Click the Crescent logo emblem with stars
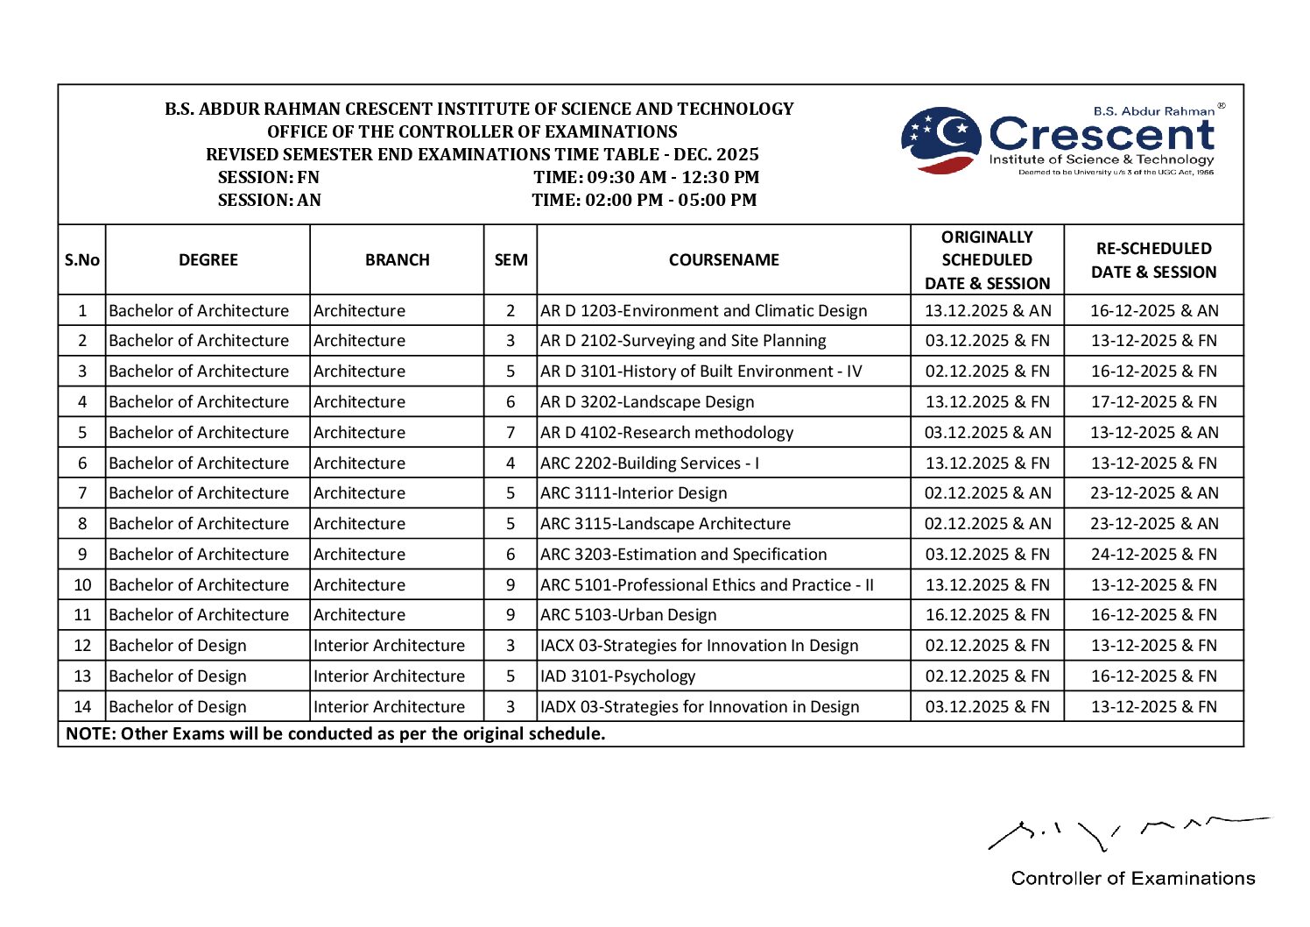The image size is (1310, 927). click(x=941, y=139)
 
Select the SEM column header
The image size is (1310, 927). click(x=511, y=259)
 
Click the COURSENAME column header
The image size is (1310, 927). click(x=723, y=259)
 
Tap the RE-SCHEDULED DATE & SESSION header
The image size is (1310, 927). click(x=1153, y=259)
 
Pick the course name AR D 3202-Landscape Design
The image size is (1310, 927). click(x=647, y=402)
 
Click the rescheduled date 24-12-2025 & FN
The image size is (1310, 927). click(x=1153, y=554)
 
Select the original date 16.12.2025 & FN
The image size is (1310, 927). click(x=987, y=615)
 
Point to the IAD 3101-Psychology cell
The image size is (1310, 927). click(x=618, y=676)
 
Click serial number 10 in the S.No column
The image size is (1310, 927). click(x=82, y=584)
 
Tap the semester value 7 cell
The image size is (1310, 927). click(x=511, y=433)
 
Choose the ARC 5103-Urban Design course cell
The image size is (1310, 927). click(x=629, y=615)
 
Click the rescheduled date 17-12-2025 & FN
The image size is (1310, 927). click(x=1153, y=402)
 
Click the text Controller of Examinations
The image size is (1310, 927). click(x=1132, y=878)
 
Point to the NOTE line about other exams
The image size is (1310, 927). click(x=335, y=733)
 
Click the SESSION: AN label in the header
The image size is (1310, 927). click(x=269, y=200)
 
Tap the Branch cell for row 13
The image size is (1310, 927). click(x=389, y=676)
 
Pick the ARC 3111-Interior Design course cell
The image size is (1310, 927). click(x=634, y=493)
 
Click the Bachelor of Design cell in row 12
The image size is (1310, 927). click(x=178, y=646)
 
